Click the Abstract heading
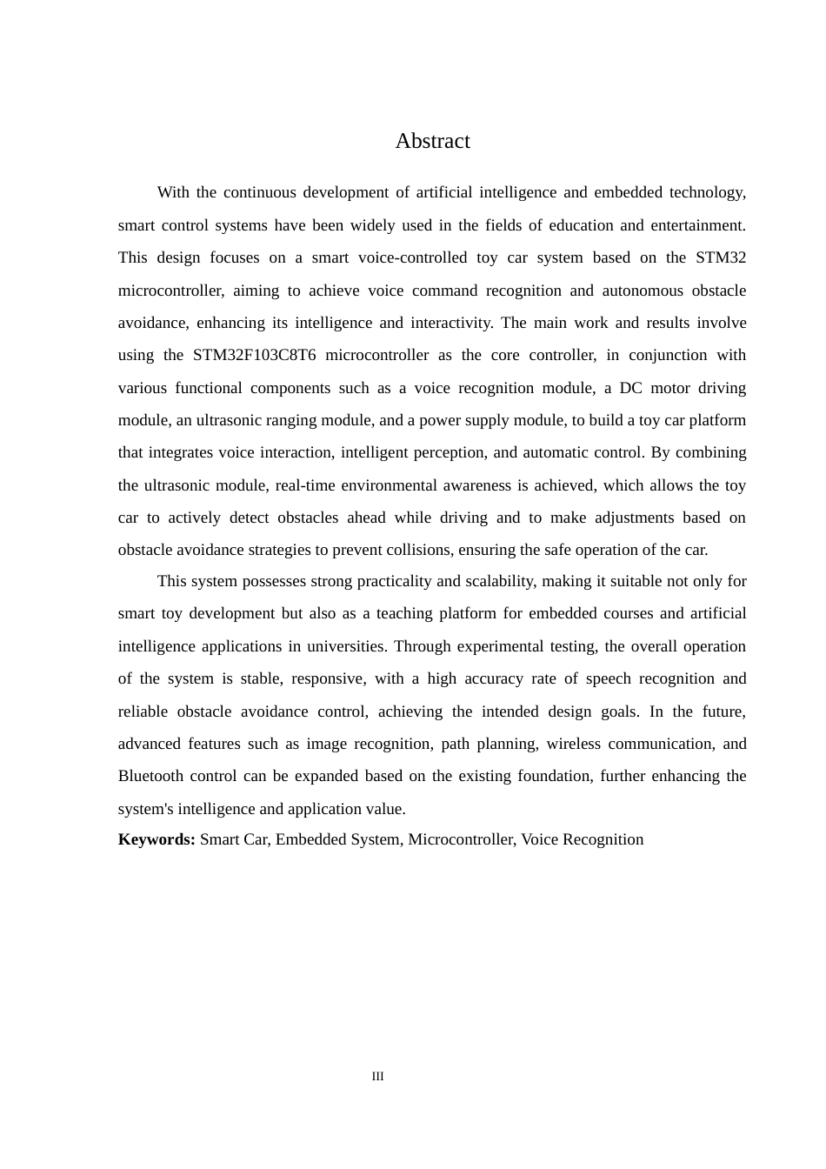tap(432, 141)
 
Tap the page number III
tap(377, 1076)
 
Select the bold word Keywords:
tap(157, 839)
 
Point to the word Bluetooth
tap(150, 776)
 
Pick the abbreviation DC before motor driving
tap(630, 388)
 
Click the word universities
tap(347, 646)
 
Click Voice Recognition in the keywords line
tap(583, 839)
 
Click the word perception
tap(449, 452)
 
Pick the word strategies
tap(292, 550)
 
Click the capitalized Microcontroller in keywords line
tap(461, 839)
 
